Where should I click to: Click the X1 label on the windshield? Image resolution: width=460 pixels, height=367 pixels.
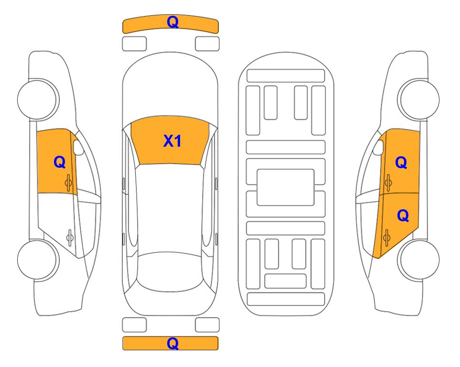tap(172, 141)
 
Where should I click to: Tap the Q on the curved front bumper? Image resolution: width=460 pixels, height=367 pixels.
tap(172, 22)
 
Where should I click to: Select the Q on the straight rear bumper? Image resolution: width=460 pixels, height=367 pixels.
tap(172, 343)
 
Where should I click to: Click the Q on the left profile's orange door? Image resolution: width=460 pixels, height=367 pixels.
tap(60, 162)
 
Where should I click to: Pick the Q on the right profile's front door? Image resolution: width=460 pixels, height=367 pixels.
tap(401, 162)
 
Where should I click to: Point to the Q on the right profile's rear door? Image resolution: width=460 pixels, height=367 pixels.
tap(403, 216)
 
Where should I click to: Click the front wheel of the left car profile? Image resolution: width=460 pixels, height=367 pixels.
tap(38, 99)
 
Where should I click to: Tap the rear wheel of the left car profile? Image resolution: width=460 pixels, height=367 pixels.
tap(38, 259)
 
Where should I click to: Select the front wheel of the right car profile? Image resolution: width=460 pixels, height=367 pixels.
tap(418, 99)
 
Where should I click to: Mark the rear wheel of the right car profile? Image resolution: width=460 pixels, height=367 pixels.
tap(418, 259)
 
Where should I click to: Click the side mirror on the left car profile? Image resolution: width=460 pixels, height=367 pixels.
tap(78, 148)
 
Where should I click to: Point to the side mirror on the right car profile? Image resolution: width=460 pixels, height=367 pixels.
tap(378, 148)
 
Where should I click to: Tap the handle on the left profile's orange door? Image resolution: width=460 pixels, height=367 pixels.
tap(69, 183)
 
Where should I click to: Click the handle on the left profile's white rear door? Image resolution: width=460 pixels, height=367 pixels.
tap(70, 237)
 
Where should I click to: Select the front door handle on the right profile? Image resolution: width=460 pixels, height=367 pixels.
tap(388, 183)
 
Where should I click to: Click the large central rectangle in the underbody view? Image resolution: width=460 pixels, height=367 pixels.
tap(286, 187)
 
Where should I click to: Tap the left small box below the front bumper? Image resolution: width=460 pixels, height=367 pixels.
tap(134, 44)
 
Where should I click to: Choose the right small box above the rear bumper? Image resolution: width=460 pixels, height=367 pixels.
tap(207, 325)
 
